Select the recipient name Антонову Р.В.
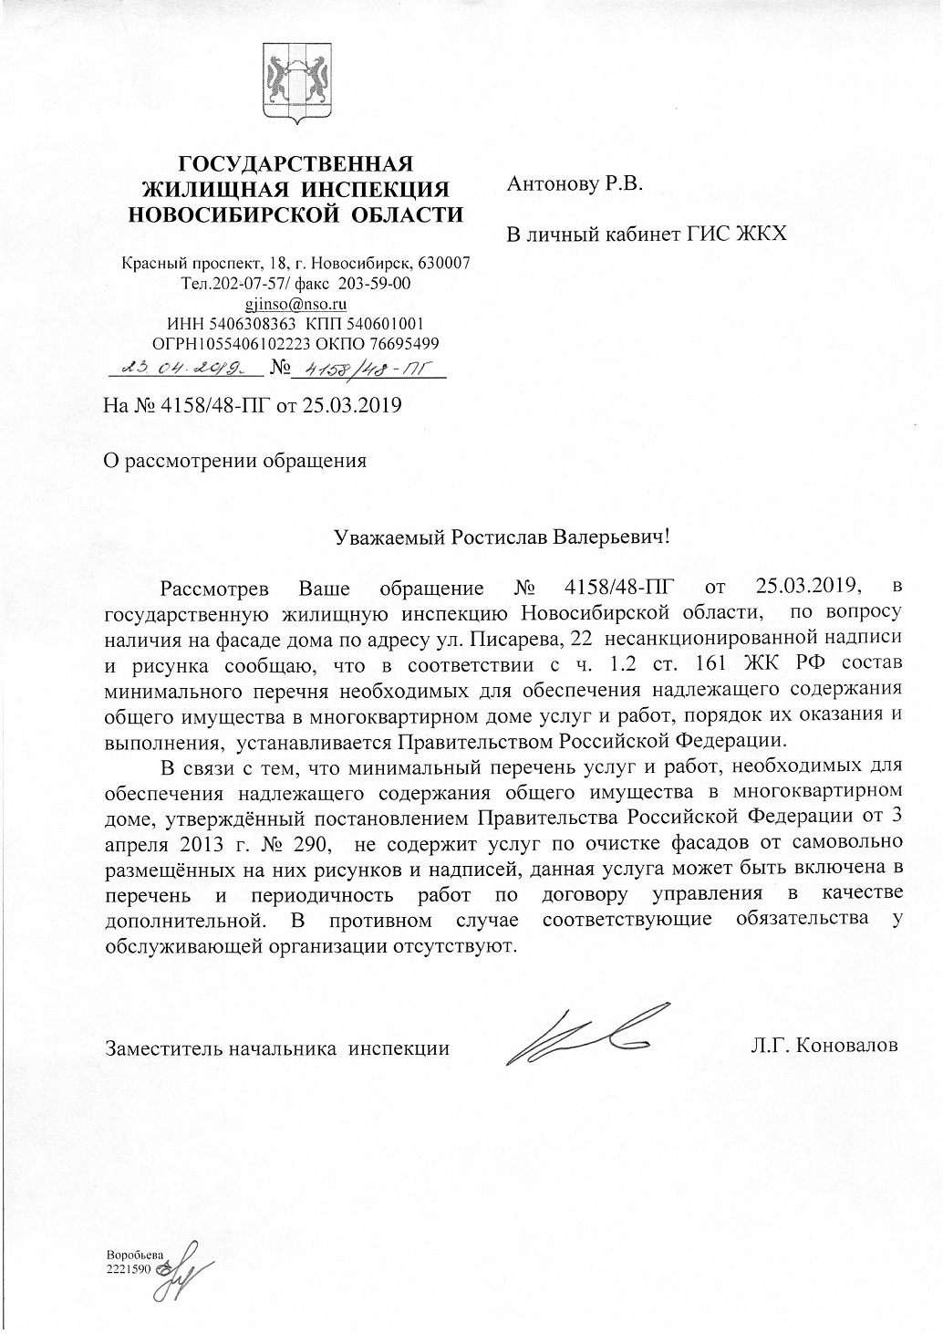coord(575,185)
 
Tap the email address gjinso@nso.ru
coord(296,304)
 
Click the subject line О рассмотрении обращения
coord(235,460)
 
